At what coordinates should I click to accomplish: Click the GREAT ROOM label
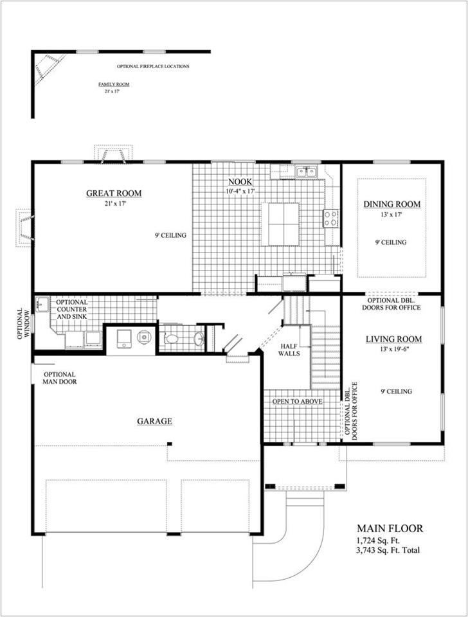tap(114, 193)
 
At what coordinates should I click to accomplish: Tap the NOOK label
tap(240, 182)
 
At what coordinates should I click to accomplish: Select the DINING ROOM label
tap(392, 204)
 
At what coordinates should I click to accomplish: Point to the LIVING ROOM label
tap(393, 339)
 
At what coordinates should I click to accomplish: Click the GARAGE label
tap(155, 421)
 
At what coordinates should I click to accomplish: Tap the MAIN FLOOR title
tap(390, 528)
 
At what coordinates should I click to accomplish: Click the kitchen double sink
tap(306, 172)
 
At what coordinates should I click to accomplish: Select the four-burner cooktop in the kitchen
tap(330, 219)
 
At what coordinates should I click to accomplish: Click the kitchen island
tap(280, 224)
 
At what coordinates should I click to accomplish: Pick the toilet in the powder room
tap(171, 339)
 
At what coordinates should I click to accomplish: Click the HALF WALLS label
tap(289, 350)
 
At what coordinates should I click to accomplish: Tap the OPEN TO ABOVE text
tap(298, 401)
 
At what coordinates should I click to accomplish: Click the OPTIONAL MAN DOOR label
tap(60, 378)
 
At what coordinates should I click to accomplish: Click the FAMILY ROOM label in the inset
tap(114, 84)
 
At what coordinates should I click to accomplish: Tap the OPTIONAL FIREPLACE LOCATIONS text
tap(153, 66)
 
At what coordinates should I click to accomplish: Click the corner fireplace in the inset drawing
tap(49, 69)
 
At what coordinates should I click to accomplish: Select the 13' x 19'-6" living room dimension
tap(395, 349)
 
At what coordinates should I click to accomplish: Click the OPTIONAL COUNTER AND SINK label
tap(71, 309)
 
